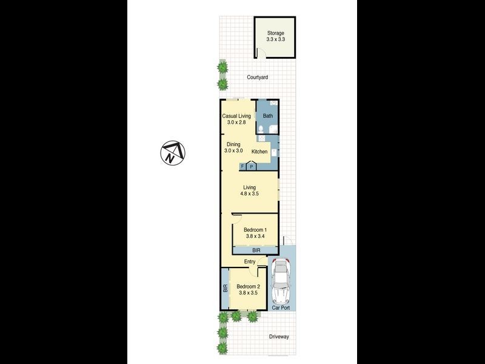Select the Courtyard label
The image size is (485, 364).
(x=258, y=78)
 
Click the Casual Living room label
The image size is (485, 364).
(x=236, y=116)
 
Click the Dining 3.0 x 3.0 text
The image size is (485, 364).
(x=233, y=147)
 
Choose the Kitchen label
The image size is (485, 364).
(x=259, y=152)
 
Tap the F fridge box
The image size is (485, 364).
(x=242, y=166)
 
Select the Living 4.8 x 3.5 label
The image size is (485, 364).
(x=249, y=191)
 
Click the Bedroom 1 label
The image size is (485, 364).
(x=255, y=230)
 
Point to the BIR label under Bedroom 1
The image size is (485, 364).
(x=255, y=250)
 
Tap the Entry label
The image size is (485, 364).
(x=250, y=261)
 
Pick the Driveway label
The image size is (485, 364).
(x=279, y=337)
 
